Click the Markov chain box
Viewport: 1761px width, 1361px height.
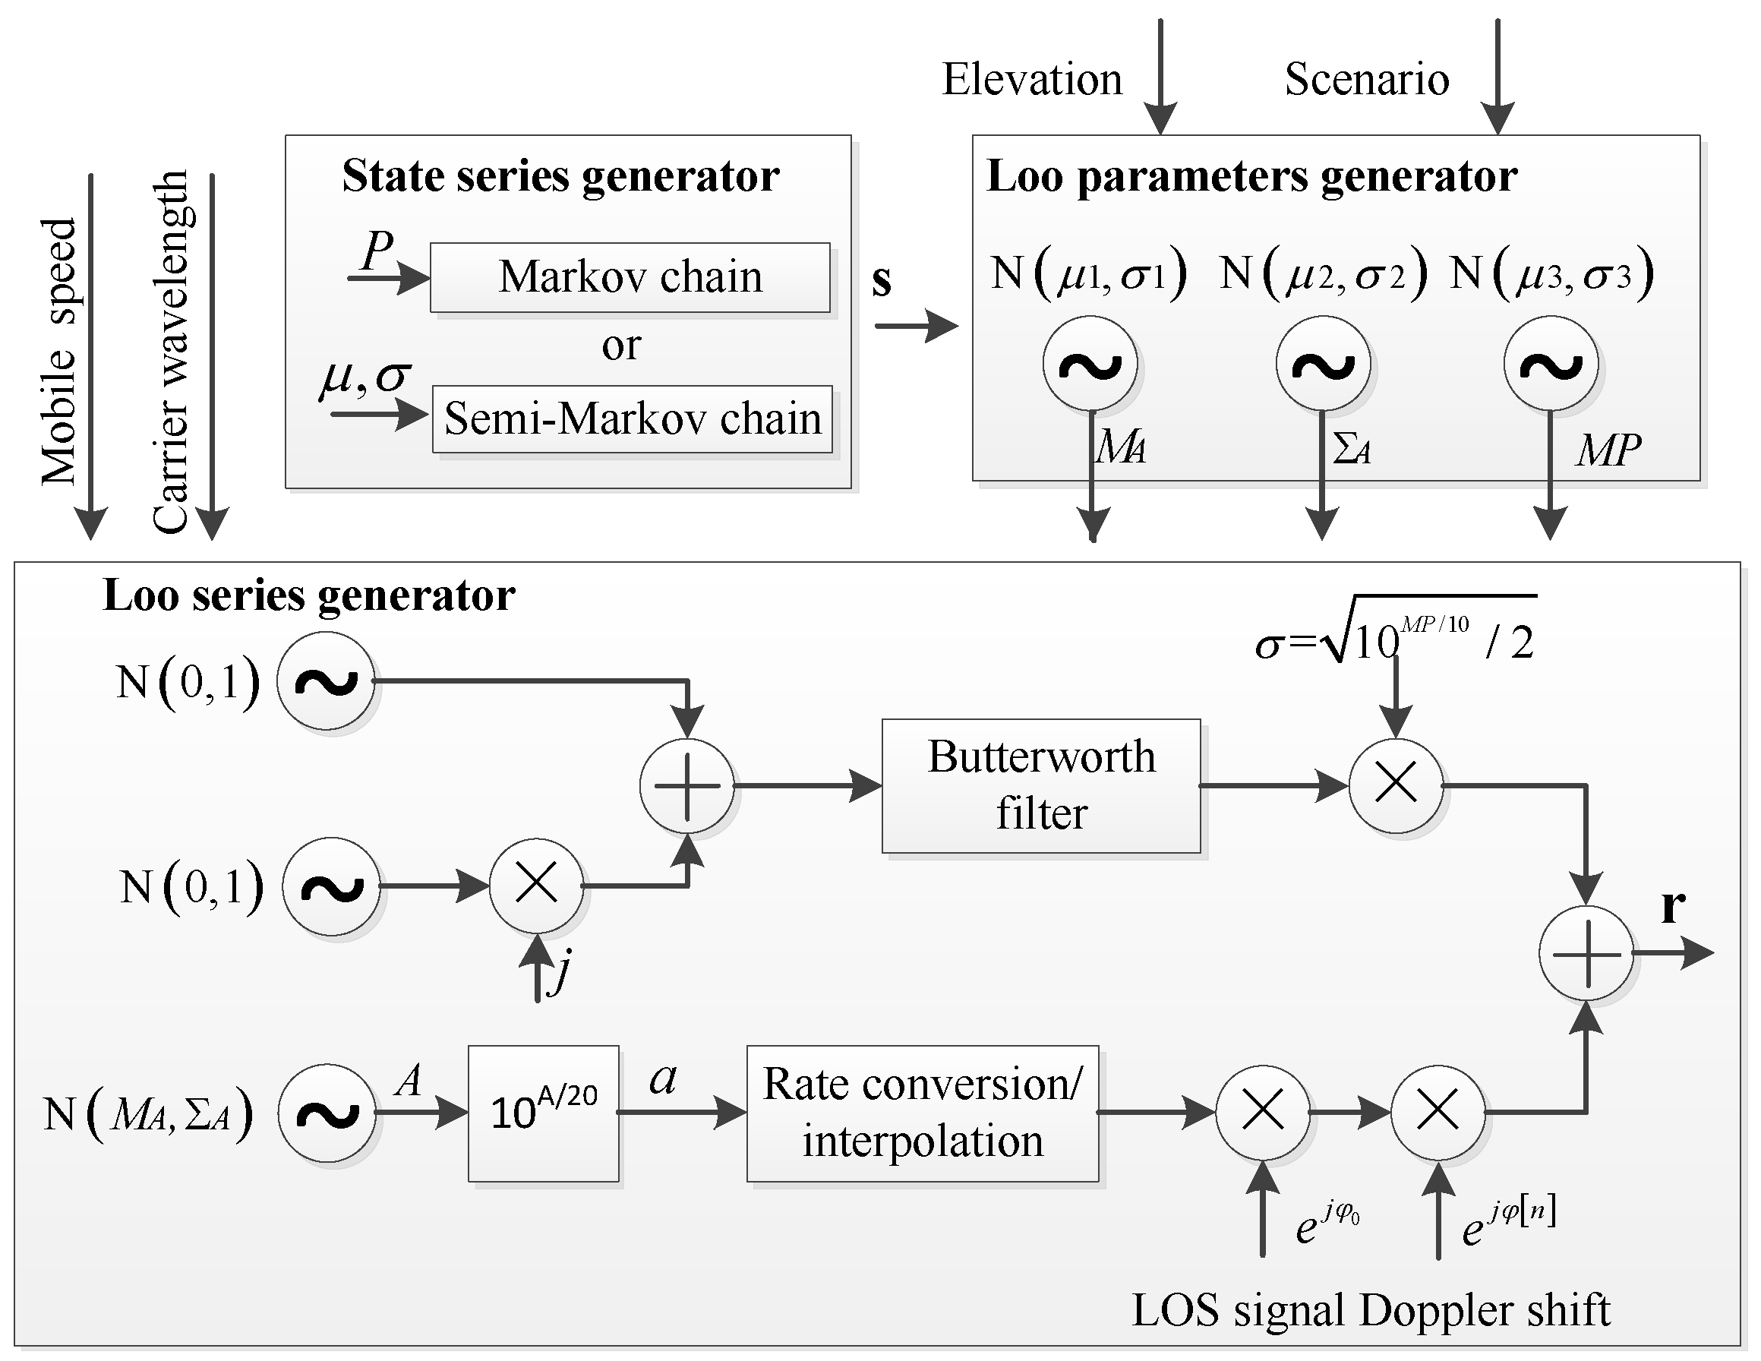point(630,277)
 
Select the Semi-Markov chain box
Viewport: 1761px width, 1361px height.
point(632,419)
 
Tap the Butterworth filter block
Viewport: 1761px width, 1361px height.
point(1041,785)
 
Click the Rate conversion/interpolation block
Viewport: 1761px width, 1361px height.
point(923,1113)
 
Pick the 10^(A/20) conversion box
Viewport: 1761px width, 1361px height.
point(544,1113)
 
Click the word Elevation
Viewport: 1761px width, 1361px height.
point(1032,79)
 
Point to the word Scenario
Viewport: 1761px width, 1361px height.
point(1367,79)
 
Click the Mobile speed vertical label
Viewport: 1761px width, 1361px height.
point(60,352)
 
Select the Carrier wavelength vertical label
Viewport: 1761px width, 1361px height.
point(170,352)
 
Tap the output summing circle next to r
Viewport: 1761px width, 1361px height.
point(1586,954)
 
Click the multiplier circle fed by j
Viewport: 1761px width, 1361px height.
point(536,885)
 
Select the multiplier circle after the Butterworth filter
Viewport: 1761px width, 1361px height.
point(1396,785)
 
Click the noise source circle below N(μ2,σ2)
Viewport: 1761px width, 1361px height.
point(1322,365)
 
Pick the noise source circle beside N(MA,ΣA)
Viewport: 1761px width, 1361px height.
point(327,1113)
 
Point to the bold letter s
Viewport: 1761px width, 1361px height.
point(882,280)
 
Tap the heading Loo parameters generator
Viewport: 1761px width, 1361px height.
point(1251,175)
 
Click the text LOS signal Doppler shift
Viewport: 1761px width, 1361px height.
point(1371,1310)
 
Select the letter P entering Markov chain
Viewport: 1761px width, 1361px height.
point(377,250)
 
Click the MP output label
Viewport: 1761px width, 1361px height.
point(1608,450)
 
